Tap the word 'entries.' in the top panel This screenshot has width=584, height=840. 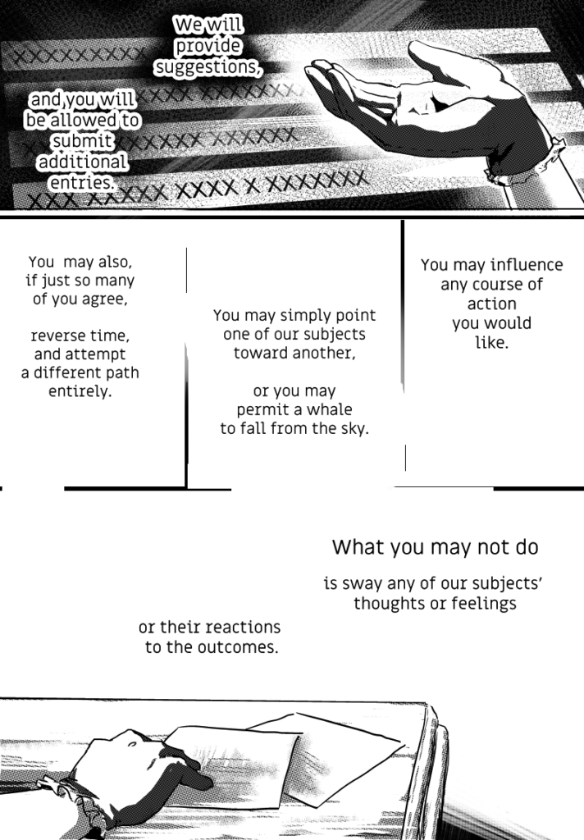[83, 183]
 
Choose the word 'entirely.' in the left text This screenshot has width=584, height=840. [80, 391]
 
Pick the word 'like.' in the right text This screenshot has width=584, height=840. [492, 342]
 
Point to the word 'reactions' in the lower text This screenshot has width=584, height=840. [245, 628]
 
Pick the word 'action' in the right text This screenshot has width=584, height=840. [492, 304]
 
